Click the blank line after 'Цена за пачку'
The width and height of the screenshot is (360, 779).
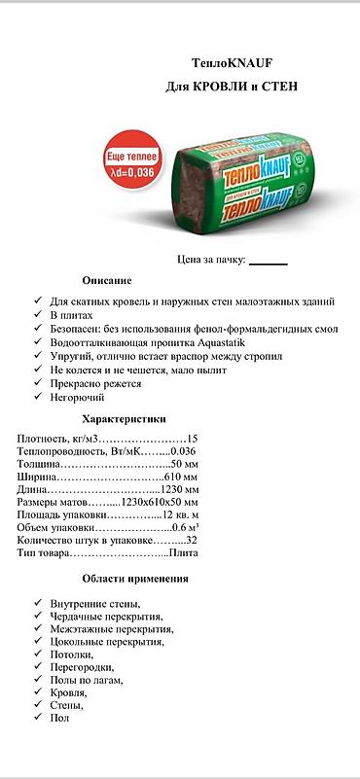pyautogui.click(x=269, y=262)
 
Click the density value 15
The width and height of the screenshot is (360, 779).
pyautogui.click(x=192, y=439)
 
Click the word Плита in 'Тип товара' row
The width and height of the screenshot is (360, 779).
pyautogui.click(x=183, y=553)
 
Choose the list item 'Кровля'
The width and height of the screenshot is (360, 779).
pyautogui.click(x=68, y=692)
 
